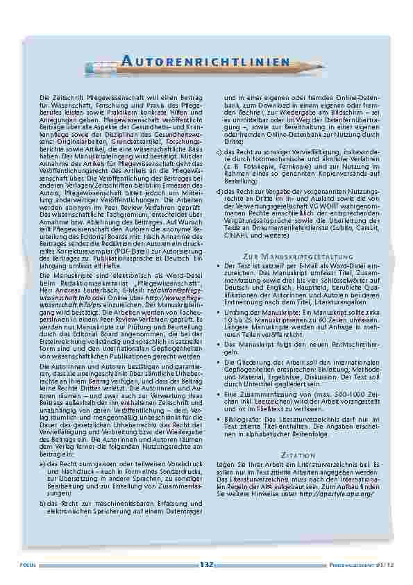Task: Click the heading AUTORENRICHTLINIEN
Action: [x=206, y=62]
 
